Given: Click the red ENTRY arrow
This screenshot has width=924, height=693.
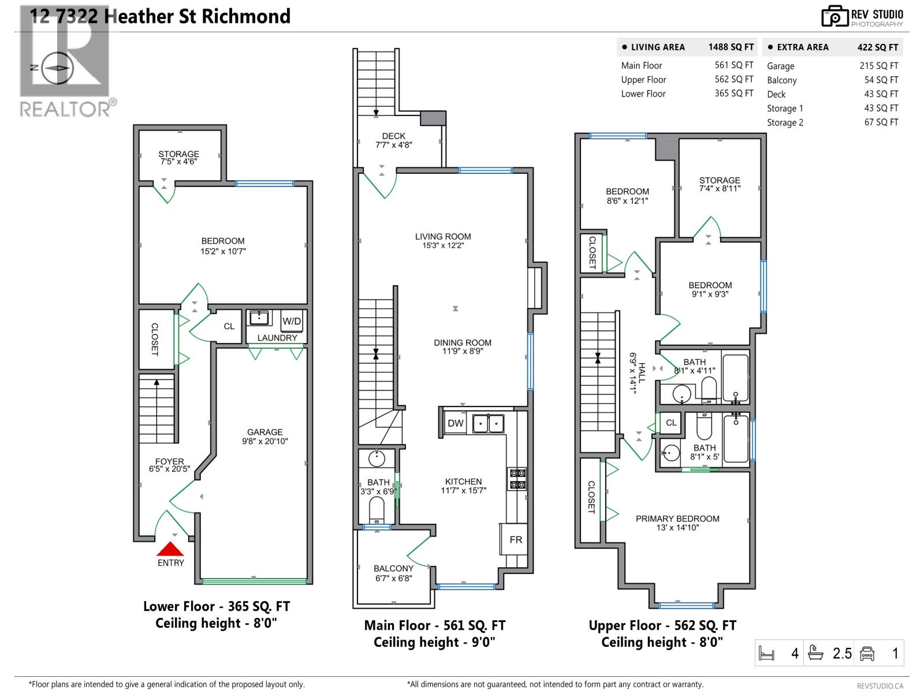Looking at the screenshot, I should pyautogui.click(x=170, y=549).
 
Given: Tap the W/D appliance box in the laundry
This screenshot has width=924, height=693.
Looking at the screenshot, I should pyautogui.click(x=292, y=321).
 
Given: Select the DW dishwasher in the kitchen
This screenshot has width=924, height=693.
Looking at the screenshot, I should pyautogui.click(x=456, y=423).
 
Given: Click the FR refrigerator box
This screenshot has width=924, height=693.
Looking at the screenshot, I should pyautogui.click(x=516, y=539).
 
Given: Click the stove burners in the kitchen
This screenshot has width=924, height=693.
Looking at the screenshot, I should pyautogui.click(x=517, y=478).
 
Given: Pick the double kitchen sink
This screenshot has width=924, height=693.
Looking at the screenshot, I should pyautogui.click(x=488, y=423).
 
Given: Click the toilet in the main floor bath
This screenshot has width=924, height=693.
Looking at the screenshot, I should pyautogui.click(x=377, y=510).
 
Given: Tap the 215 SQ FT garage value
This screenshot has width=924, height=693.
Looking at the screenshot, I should pyautogui.click(x=878, y=66).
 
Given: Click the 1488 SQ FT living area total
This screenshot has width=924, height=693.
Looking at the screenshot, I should pyautogui.click(x=731, y=47).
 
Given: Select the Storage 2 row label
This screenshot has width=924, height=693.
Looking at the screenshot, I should pyautogui.click(x=785, y=122).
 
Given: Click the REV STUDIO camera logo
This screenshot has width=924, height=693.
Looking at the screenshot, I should pyautogui.click(x=834, y=17).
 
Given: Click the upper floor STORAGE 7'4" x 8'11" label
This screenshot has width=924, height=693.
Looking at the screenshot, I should pyautogui.click(x=720, y=184).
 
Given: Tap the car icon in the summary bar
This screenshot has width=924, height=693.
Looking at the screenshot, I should pyautogui.click(x=867, y=653).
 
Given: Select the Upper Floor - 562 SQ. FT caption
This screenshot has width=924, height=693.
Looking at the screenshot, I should pyautogui.click(x=662, y=625).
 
